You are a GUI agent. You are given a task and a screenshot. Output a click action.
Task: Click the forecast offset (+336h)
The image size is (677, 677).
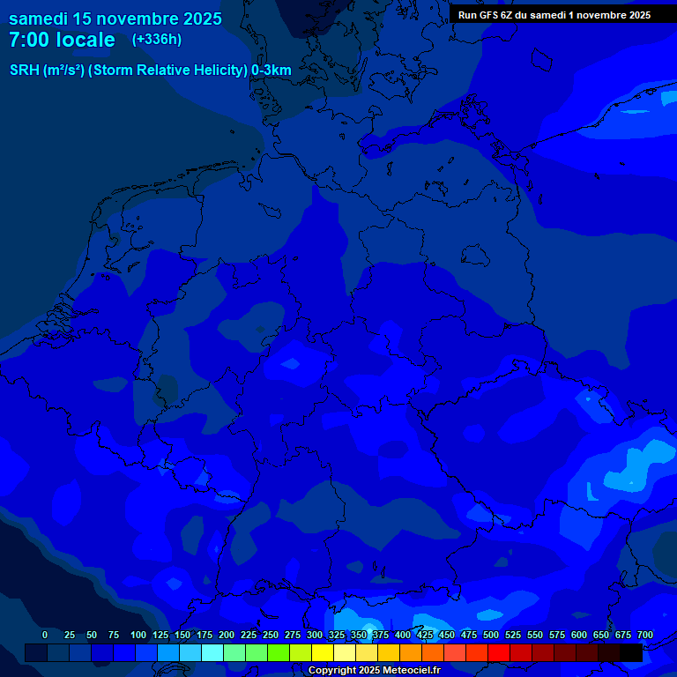coord(157,40)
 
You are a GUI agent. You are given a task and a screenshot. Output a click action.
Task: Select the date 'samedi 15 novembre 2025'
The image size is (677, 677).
coord(115,19)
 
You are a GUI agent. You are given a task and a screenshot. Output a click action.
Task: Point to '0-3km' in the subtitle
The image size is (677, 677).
coord(272,70)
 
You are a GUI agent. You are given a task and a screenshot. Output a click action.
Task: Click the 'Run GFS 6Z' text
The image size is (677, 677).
coord(487,15)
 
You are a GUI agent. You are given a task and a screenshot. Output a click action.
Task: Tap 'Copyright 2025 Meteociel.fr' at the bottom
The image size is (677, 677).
coord(374,671)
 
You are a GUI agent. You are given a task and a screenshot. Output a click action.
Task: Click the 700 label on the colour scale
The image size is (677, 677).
coord(644,635)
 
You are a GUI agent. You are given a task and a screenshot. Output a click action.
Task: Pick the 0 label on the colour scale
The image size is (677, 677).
coord(44,635)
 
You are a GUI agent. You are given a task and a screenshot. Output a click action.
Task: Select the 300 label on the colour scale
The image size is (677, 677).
coord(315,635)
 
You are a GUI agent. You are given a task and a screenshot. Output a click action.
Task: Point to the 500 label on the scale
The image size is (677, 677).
coord(491,635)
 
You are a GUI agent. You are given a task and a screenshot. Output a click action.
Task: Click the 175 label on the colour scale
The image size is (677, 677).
coord(205,635)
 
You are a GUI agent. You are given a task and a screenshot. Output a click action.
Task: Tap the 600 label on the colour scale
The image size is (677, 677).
coord(579,635)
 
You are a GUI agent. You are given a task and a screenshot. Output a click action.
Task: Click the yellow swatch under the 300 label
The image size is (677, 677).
coord(323,652)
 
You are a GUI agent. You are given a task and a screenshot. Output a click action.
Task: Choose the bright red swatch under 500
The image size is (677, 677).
coord(499,652)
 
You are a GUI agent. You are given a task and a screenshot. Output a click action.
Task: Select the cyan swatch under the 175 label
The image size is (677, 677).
coord(212,652)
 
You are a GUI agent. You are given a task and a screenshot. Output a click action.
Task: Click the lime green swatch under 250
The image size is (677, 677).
coord(279,652)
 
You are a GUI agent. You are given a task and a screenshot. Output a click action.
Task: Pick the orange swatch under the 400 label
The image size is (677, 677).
coord(411,652)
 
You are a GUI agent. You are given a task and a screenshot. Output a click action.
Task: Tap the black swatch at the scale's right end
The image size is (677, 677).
coord(631,652)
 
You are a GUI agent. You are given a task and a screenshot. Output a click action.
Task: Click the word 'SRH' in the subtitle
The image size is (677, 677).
coord(25,70)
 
